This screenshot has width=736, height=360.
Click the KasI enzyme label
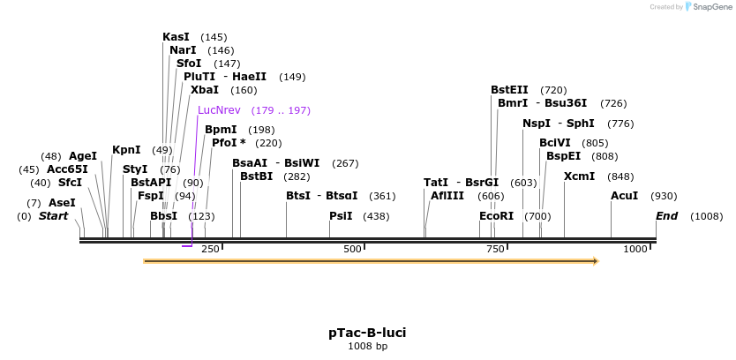(176, 37)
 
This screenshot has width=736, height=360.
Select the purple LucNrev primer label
(219, 110)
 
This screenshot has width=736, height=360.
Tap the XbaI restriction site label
(205, 90)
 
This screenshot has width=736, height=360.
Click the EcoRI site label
(496, 216)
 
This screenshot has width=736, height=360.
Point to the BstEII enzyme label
(509, 90)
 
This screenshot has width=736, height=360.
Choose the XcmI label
(579, 176)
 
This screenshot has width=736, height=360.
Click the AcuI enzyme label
(624, 196)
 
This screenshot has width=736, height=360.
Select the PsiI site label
(341, 216)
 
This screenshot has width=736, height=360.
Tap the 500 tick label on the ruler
(352, 250)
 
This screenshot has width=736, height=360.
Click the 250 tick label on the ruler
(210, 250)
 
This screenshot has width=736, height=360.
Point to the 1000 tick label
(635, 250)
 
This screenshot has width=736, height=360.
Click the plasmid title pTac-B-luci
(367, 333)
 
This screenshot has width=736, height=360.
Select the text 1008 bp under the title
(367, 347)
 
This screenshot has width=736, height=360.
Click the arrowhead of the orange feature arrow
(596, 261)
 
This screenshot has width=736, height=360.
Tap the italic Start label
(53, 216)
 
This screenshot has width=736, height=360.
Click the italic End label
(666, 216)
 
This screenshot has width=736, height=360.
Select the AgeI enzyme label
(83, 156)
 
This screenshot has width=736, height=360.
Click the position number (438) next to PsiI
(376, 216)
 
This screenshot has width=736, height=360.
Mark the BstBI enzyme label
(256, 176)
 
